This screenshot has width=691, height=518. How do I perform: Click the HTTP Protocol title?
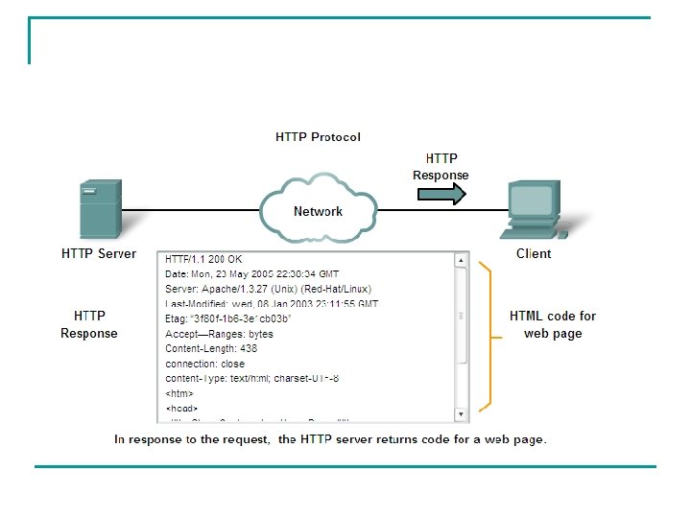[318, 137]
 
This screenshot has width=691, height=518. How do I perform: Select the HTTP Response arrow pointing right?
[441, 194]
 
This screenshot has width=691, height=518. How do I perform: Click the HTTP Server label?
[99, 254]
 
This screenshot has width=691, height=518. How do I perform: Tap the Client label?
[534, 254]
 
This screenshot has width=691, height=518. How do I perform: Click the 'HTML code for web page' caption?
[553, 324]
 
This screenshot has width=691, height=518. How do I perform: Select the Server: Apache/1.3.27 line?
[268, 289]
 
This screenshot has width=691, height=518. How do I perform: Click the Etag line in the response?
[227, 318]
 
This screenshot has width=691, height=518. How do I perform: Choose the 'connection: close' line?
[204, 364]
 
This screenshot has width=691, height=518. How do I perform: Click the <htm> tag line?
[179, 393]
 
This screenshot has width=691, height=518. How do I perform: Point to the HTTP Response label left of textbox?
[89, 324]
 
